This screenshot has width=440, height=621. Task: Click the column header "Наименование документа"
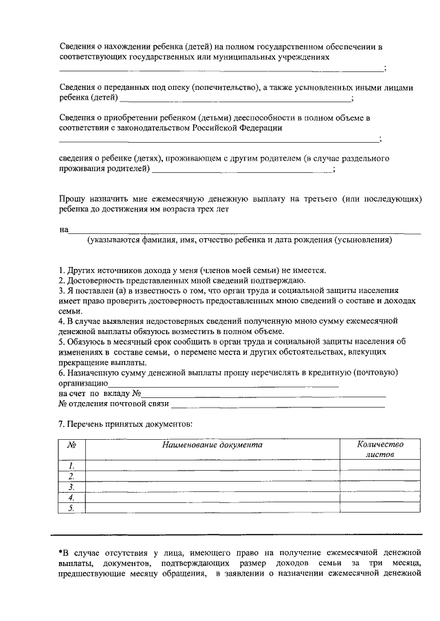212,445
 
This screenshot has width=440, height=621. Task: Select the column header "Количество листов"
380,449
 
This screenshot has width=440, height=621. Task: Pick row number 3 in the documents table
71,487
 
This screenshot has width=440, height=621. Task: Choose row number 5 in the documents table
71,508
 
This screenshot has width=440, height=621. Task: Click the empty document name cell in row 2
212,476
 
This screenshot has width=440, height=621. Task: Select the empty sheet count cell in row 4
380,497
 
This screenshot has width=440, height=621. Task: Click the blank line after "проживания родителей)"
241,169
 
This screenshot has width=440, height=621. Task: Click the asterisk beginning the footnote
60,550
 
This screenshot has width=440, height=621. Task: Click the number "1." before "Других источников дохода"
62,269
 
